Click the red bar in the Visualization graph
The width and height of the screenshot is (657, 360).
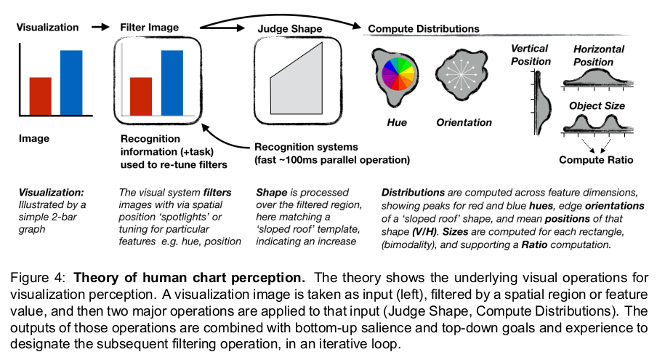(41, 95)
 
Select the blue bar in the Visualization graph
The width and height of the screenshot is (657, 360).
(71, 81)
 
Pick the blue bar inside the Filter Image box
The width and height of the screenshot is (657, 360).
(172, 81)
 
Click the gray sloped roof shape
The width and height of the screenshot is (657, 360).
(297, 80)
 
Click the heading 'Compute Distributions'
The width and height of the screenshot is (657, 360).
(424, 29)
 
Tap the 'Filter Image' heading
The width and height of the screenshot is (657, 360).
(149, 28)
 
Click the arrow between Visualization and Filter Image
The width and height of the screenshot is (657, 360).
(98, 28)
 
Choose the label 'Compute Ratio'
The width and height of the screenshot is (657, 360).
(595, 160)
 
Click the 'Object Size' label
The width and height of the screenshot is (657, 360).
(595, 106)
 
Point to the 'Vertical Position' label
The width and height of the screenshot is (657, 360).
(531, 55)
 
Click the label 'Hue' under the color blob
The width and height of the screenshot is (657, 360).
(396, 122)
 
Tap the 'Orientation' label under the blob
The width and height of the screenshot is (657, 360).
(464, 122)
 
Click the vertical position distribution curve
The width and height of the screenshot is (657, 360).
(539, 102)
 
